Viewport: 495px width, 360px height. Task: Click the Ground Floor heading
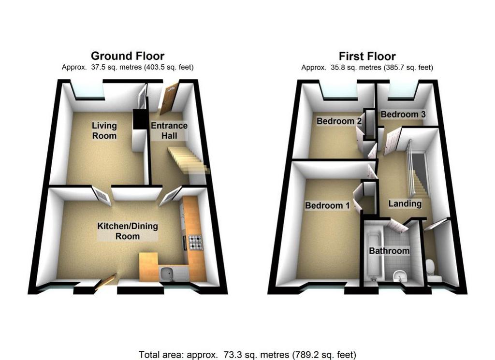[128, 56]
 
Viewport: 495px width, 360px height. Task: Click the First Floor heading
[367, 56]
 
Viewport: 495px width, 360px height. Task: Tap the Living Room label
[104, 130]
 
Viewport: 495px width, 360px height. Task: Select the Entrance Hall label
[169, 130]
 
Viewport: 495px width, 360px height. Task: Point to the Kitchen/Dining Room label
[128, 231]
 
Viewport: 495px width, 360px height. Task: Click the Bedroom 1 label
[327, 206]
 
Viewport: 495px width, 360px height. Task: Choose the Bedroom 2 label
[339, 121]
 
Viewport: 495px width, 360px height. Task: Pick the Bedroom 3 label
[403, 114]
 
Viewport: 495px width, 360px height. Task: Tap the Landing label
[405, 204]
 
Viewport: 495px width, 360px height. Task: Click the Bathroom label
[389, 251]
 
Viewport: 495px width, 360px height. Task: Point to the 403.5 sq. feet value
[169, 67]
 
